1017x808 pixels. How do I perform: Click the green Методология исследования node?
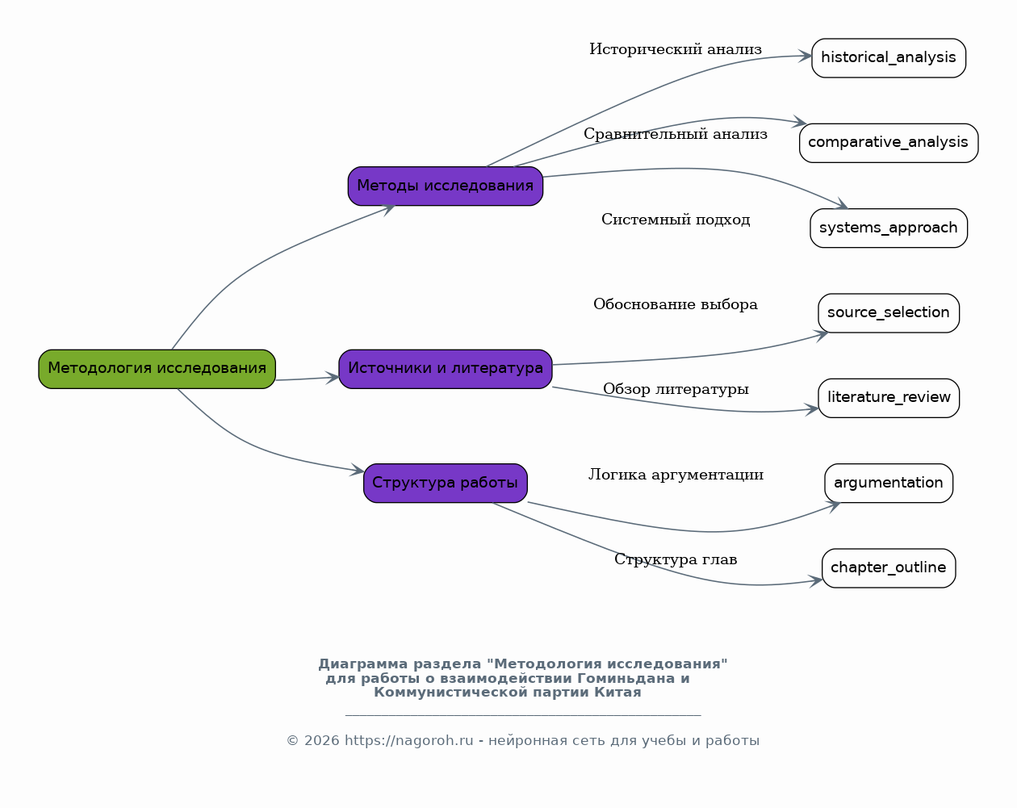157,369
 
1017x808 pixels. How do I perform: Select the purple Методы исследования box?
446,186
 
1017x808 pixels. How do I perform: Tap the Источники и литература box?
446,369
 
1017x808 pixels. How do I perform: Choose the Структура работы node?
446,484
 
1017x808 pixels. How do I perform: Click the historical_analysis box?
889,58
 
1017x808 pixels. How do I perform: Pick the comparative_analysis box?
889,143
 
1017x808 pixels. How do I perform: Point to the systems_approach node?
889,228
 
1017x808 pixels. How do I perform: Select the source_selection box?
889,313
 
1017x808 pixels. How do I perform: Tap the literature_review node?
889,398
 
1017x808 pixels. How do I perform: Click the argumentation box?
889,484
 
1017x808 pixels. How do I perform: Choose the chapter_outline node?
889,568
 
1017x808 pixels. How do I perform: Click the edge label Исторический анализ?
676,49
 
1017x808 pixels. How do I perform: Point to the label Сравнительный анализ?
676,134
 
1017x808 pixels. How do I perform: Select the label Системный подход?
676,220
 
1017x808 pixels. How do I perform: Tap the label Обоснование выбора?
676,304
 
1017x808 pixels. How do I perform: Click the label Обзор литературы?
676,389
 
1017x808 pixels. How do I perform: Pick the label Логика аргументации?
676,474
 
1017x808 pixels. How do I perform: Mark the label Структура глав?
676,559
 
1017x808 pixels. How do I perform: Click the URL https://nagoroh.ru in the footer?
408,740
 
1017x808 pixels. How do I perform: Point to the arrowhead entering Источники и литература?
333,377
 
